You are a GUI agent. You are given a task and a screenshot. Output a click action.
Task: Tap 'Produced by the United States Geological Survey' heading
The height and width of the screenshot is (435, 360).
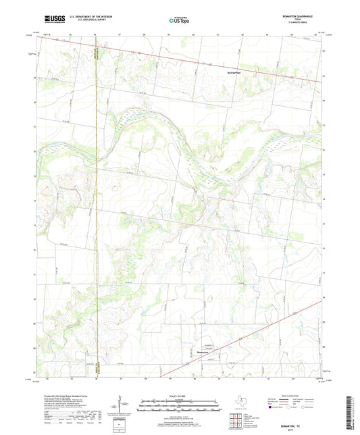65,396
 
